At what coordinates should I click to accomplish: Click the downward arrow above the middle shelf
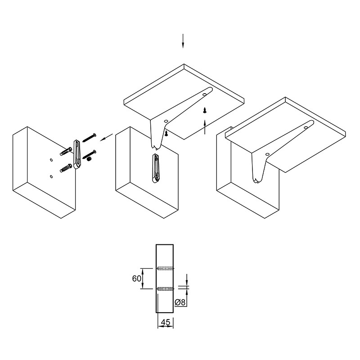pos(183,41)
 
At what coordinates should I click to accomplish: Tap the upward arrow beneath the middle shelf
pos(205,126)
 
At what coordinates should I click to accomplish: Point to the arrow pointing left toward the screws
pos(106,137)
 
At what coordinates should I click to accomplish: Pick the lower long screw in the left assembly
pos(89,154)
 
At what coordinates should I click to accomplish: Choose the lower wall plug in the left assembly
pos(66,168)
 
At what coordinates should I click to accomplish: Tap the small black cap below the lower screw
pos(89,159)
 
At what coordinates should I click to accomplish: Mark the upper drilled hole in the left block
pos(51,160)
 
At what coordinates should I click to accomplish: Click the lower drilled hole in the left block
pos(51,176)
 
